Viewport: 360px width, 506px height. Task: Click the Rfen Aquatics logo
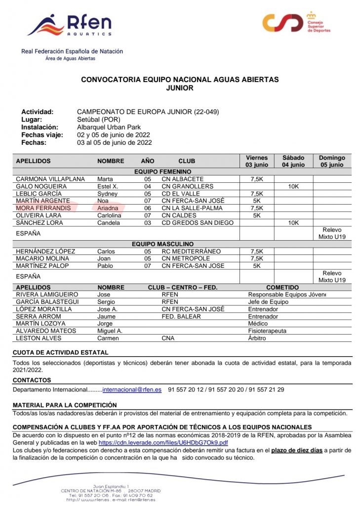pyautogui.click(x=69, y=25)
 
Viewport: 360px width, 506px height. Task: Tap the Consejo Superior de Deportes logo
pyautogui.click(x=296, y=23)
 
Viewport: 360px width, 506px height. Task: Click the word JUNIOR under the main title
pyautogui.click(x=180, y=88)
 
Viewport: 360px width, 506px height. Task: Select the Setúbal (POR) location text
pyautogui.click(x=98, y=120)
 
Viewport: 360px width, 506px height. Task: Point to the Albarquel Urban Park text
pyautogui.click(x=109, y=127)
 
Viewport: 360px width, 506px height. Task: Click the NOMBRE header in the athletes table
pyautogui.click(x=111, y=161)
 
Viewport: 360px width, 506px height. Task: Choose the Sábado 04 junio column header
pyautogui.click(x=293, y=161)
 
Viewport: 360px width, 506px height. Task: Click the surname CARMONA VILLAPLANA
pyautogui.click(x=50, y=179)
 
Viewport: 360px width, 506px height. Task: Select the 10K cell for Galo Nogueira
pyautogui.click(x=293, y=186)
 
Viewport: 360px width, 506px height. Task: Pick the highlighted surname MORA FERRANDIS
pyautogui.click(x=43, y=208)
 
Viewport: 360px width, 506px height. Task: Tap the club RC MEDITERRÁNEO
pyautogui.click(x=192, y=252)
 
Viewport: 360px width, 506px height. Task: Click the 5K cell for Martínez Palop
pyautogui.click(x=256, y=266)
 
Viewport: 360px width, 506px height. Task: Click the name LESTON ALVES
pyautogui.click(x=39, y=338)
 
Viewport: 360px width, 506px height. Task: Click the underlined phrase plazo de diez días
pyautogui.click(x=297, y=451)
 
